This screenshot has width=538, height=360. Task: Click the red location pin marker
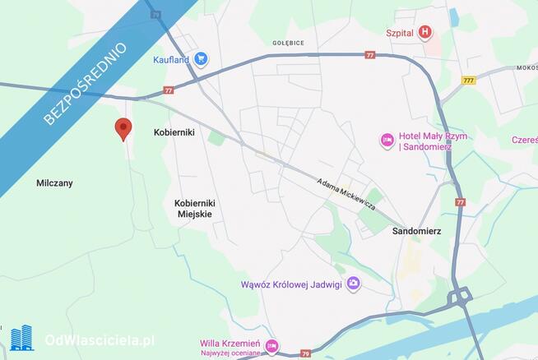pyautogui.click(x=123, y=127)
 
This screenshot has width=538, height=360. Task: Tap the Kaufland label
pyautogui.click(x=170, y=59)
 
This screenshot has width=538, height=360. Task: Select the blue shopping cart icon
pyautogui.click(x=201, y=58)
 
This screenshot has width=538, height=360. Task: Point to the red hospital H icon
pyautogui.click(x=424, y=33)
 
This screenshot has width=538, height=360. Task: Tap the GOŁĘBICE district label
pyautogui.click(x=288, y=41)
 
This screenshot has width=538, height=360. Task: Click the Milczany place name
pyautogui.click(x=54, y=183)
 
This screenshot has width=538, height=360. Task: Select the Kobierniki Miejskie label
pyautogui.click(x=195, y=208)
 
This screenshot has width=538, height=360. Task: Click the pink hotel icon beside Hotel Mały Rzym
pyautogui.click(x=387, y=141)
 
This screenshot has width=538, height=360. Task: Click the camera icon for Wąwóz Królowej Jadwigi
pyautogui.click(x=353, y=284)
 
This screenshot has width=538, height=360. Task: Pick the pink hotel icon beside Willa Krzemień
pyautogui.click(x=271, y=345)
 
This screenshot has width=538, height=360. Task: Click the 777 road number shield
pyautogui.click(x=469, y=80)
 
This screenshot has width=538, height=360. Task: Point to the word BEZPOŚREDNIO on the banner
pyautogui.click(x=85, y=84)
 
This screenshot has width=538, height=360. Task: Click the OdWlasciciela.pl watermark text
pyautogui.click(x=100, y=339)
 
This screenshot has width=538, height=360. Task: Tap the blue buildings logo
pyautogui.click(x=21, y=338)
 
